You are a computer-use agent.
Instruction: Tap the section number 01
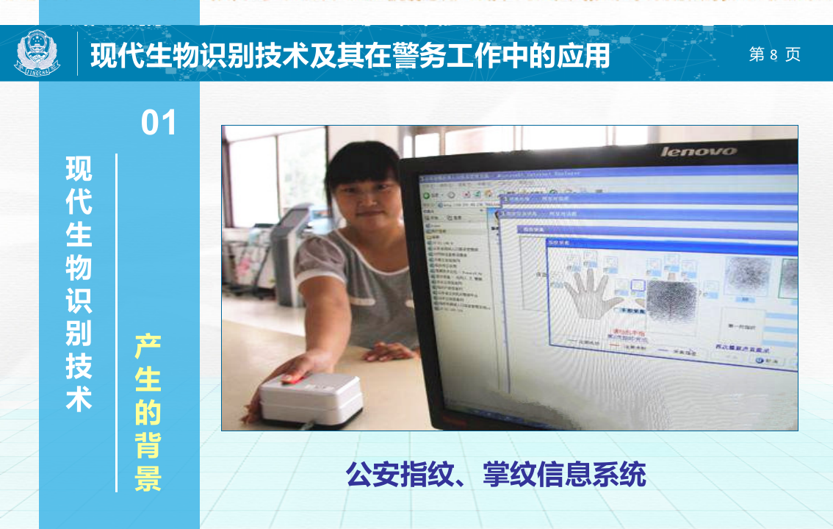click(159, 123)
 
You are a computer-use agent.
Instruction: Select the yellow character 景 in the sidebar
click(148, 478)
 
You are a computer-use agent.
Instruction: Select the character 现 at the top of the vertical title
click(79, 168)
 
